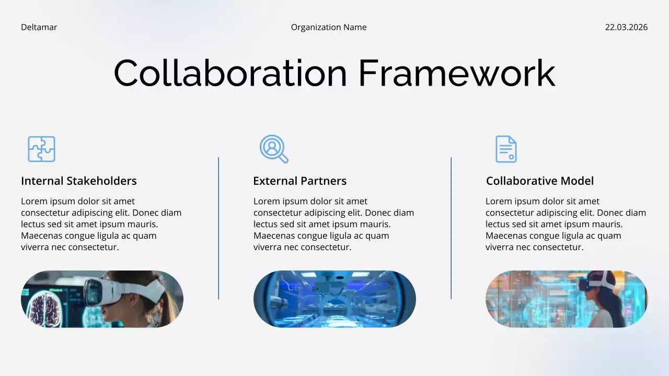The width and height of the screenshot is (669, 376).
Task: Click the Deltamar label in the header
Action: tap(39, 27)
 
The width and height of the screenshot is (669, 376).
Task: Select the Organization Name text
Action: tap(329, 27)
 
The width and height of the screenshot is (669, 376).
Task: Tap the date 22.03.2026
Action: tap(626, 27)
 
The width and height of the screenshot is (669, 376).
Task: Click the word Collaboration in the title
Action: tap(230, 73)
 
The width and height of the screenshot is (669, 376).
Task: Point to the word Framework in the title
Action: tap(456, 73)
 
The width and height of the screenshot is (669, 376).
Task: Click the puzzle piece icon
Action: tap(41, 149)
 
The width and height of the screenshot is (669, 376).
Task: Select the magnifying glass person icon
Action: tap(273, 149)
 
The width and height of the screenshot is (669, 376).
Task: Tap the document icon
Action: tap(505, 149)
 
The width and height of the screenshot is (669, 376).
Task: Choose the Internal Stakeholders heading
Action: tap(79, 181)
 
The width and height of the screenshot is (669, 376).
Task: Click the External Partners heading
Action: tap(299, 181)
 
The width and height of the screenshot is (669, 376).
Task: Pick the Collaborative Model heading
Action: tap(539, 181)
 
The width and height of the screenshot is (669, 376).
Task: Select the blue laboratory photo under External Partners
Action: tap(334, 299)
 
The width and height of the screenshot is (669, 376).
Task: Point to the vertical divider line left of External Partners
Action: tap(218, 228)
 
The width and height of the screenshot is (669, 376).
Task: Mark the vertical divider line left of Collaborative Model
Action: tap(451, 228)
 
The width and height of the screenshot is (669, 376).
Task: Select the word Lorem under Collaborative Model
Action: tap(498, 202)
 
